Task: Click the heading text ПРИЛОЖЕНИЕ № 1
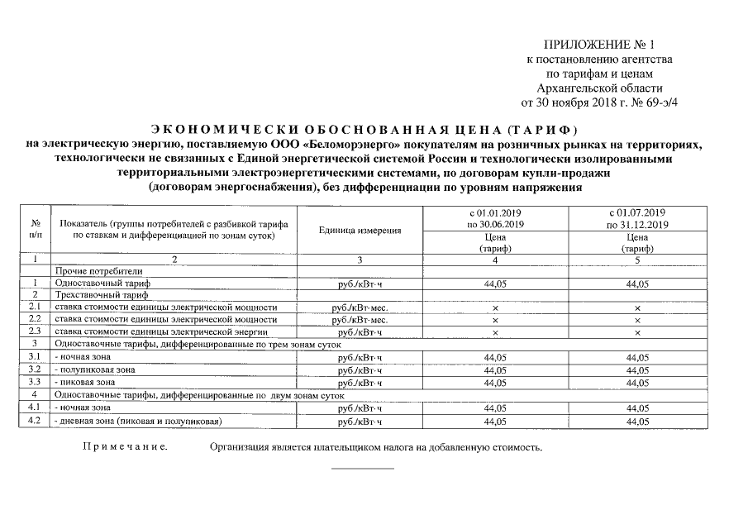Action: [603, 44]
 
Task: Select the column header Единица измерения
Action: [360, 231]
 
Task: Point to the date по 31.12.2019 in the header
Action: [636, 225]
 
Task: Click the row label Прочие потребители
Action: [98, 270]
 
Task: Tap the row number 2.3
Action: [36, 331]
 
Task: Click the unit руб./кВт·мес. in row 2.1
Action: [360, 307]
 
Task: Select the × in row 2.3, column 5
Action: [636, 331]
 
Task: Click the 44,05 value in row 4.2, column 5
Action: [636, 422]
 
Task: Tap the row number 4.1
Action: [36, 408]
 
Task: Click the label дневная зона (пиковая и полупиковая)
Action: [138, 422]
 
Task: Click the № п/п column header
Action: [36, 231]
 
